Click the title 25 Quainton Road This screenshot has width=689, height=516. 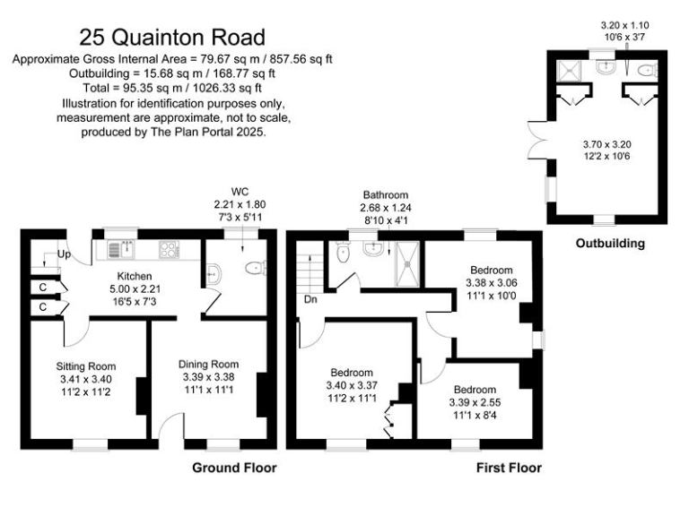click(x=172, y=38)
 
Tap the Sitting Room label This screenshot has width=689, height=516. click(x=86, y=365)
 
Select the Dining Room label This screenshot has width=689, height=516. click(x=208, y=364)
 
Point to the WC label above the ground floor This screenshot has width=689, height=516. click(x=240, y=191)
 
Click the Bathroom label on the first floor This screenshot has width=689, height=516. click(x=386, y=194)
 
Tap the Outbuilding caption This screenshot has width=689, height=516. click(x=611, y=243)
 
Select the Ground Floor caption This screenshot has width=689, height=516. click(x=234, y=468)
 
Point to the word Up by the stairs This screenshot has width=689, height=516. click(x=64, y=255)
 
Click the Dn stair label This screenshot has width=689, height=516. click(x=310, y=301)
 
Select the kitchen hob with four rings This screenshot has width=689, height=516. click(x=170, y=248)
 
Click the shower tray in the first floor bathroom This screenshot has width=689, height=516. click(x=408, y=258)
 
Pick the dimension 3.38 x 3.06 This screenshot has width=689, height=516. click(x=490, y=283)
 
